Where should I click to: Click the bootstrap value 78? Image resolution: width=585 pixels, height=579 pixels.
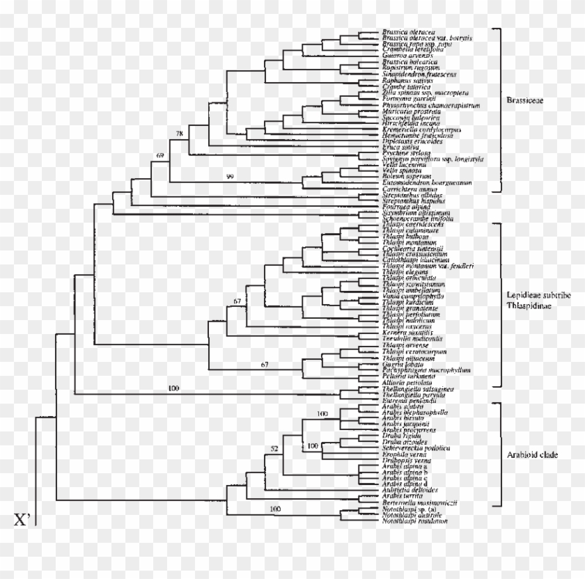[x=180, y=132]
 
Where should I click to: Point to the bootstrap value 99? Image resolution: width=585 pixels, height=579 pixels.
[x=231, y=177]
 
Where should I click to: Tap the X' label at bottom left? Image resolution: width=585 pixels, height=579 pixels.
[x=23, y=519]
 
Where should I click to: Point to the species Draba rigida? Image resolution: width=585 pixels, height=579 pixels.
[x=400, y=435]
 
